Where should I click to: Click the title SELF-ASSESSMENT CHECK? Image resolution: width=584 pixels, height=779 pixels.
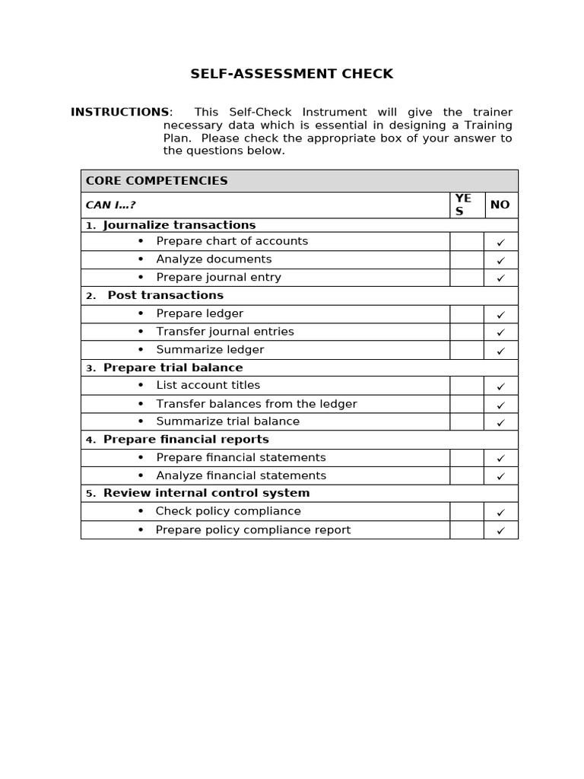point(292,74)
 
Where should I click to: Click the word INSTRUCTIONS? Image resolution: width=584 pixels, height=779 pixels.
point(120,112)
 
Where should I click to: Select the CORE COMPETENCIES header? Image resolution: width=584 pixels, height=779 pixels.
point(157,181)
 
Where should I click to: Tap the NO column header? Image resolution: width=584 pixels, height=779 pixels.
point(500,205)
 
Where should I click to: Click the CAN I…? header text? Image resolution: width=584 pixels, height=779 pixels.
point(111,205)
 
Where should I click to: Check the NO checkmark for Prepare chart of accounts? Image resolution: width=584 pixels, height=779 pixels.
point(500,242)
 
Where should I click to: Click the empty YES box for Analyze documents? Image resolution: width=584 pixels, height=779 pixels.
point(466,259)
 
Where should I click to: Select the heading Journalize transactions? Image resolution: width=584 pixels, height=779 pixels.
point(179,225)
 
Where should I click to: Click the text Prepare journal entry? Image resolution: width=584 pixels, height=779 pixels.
point(218,278)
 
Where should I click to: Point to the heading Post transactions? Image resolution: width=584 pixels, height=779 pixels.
point(166,295)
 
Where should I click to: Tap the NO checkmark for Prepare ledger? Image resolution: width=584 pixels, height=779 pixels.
point(500,314)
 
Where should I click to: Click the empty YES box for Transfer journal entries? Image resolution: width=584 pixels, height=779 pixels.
point(466,332)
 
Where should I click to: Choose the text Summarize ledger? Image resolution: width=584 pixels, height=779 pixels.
point(210,350)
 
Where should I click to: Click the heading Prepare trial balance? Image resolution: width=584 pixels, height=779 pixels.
point(173,367)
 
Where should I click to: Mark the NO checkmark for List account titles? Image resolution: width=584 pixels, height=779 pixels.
point(500,386)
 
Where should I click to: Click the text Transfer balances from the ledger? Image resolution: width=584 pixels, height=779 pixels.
point(256,404)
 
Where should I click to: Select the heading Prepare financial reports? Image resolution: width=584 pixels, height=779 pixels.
point(186,440)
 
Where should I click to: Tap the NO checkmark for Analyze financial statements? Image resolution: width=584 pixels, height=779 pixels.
point(500,476)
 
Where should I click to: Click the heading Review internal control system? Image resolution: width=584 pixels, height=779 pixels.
point(207,493)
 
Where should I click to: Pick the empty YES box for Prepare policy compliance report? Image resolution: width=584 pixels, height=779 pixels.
point(466,530)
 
